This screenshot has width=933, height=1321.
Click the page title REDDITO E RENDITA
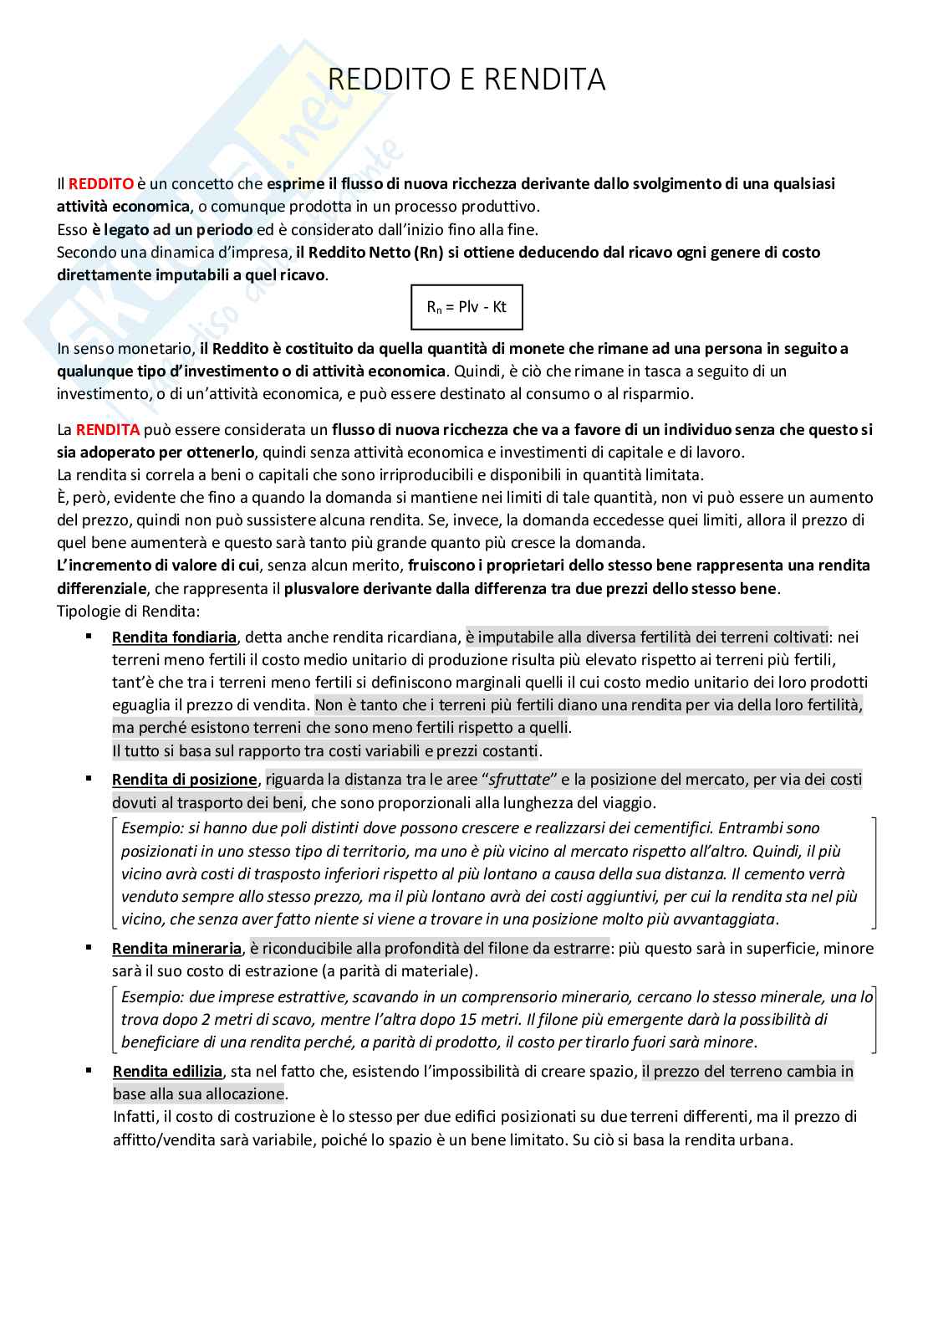(x=466, y=79)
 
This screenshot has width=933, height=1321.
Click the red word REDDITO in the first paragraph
(x=100, y=183)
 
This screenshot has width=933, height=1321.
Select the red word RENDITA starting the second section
(x=107, y=430)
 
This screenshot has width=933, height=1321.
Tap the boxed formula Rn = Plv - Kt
(x=466, y=307)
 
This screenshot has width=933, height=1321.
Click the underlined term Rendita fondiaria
(x=174, y=637)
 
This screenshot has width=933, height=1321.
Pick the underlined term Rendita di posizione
(x=184, y=780)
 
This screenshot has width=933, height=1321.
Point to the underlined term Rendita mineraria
(x=176, y=949)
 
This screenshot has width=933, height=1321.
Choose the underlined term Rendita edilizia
(x=167, y=1072)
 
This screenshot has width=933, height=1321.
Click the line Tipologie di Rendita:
(x=128, y=611)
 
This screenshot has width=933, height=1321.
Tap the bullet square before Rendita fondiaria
(x=89, y=637)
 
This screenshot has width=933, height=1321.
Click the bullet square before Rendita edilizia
(x=89, y=1070)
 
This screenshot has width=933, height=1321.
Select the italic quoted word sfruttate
(x=519, y=780)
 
